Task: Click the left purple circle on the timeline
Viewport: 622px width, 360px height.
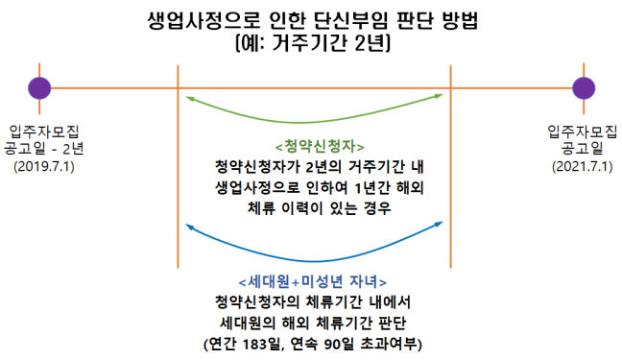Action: click(x=39, y=88)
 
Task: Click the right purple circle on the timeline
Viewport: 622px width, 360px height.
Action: click(x=583, y=88)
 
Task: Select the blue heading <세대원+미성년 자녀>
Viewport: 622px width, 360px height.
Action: click(x=314, y=282)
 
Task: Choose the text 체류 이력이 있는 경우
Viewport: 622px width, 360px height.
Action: click(x=315, y=207)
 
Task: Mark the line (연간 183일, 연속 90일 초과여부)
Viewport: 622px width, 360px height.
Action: click(x=314, y=343)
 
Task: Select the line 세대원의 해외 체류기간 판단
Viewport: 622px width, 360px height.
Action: click(x=314, y=323)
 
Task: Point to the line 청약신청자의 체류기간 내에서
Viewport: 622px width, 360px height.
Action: click(x=314, y=302)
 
